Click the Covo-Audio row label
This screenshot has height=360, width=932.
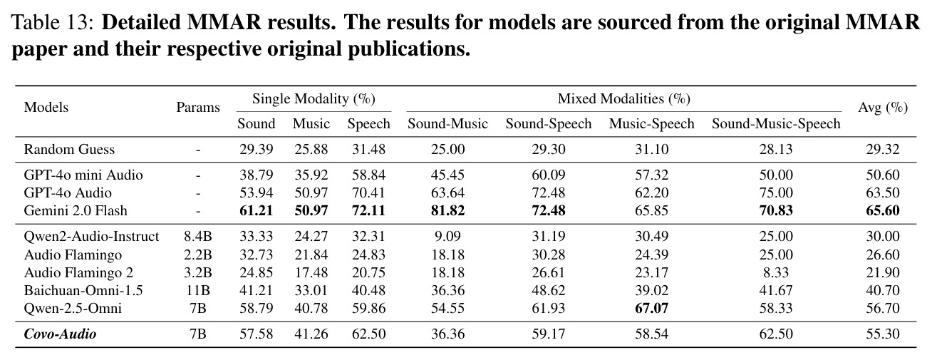60,334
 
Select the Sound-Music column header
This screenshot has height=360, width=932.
447,123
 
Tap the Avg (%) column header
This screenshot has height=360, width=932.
883,108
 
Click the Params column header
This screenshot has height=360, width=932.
198,108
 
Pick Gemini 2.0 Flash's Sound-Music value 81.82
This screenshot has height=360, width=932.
447,210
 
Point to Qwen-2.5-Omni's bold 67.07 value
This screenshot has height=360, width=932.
651,309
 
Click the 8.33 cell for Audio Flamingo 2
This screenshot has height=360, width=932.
776,272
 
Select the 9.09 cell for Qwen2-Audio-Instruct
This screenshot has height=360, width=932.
447,237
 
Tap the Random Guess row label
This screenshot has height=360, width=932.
69,149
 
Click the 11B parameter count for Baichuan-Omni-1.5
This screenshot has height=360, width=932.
198,291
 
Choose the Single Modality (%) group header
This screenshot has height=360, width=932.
314,99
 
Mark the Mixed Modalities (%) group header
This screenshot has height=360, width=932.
624,99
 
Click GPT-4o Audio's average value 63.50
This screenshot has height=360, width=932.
883,192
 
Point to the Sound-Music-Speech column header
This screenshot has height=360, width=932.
776,123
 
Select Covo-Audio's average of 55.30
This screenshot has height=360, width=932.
883,334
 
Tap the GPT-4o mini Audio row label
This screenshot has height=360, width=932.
83,175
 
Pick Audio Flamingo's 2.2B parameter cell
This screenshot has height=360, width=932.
198,254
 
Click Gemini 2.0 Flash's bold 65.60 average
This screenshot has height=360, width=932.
883,210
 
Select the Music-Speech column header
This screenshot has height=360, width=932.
651,123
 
